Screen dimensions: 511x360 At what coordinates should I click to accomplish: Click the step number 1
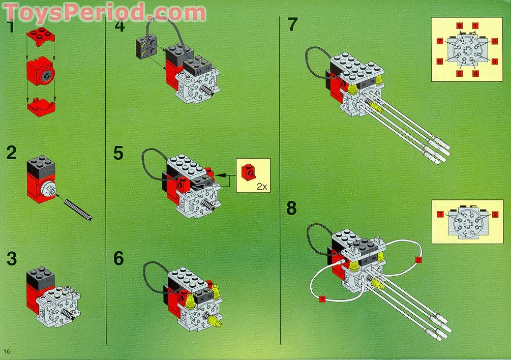(x=11, y=27)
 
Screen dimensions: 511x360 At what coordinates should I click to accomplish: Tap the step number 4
(x=119, y=25)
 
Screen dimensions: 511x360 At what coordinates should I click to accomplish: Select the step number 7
(x=292, y=25)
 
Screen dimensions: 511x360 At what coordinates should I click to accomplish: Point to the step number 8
(x=292, y=208)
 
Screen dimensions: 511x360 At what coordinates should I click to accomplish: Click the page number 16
(x=7, y=351)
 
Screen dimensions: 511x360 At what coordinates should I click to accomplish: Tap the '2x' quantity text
(x=262, y=186)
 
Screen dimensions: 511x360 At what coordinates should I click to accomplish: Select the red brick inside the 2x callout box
(x=248, y=172)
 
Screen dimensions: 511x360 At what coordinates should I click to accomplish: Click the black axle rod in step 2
(x=78, y=209)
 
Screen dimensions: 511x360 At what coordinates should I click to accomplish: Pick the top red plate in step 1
(x=41, y=37)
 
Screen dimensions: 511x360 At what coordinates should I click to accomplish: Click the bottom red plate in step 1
(x=41, y=107)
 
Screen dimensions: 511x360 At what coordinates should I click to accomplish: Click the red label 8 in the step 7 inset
(x=459, y=26)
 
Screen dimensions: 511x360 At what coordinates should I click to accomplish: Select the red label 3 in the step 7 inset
(x=495, y=61)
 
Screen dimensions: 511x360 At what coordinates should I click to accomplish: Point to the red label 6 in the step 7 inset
(x=440, y=61)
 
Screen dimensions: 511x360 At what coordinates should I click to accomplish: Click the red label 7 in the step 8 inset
(x=441, y=215)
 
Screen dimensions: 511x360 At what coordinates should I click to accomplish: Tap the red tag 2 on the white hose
(x=418, y=260)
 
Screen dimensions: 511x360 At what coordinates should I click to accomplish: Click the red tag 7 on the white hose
(x=322, y=299)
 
